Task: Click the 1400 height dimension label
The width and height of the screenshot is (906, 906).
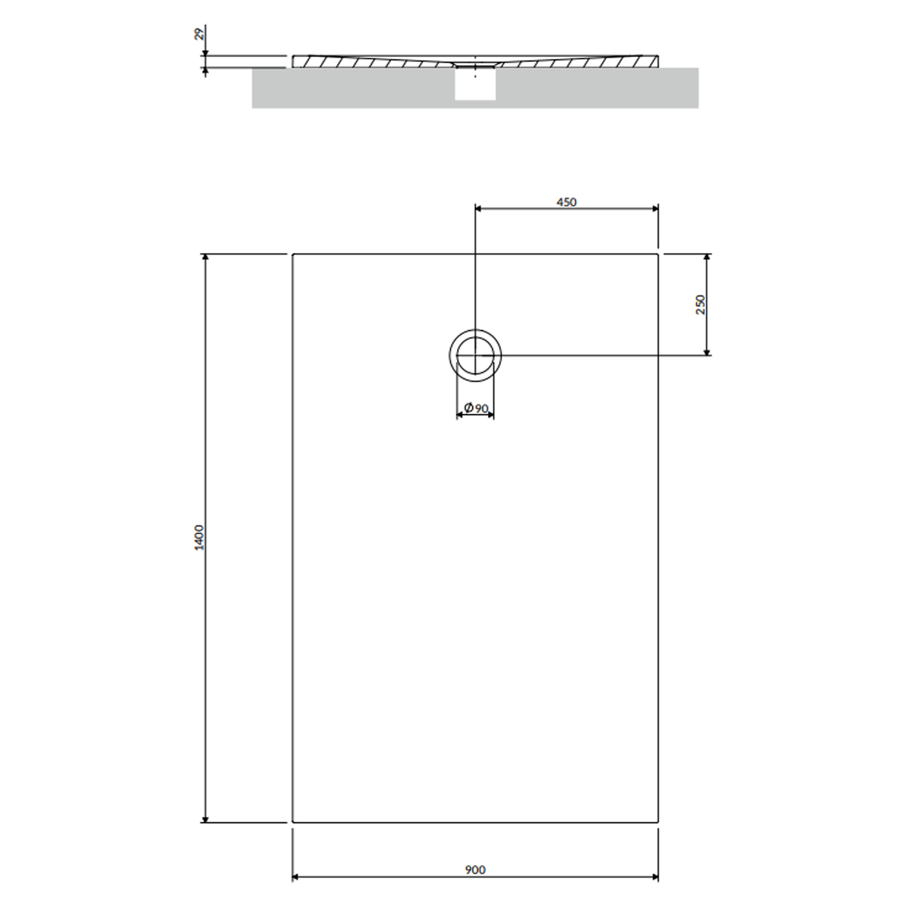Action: point(199,538)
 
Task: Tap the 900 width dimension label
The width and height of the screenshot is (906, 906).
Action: point(475,870)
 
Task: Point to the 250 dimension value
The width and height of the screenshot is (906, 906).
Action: point(700,305)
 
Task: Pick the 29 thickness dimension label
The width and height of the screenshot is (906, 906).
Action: point(199,34)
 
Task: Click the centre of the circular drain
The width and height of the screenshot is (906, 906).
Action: point(475,356)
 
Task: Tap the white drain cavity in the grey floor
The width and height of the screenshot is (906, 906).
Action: point(475,84)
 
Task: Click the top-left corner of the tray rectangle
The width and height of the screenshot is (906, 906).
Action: point(293,254)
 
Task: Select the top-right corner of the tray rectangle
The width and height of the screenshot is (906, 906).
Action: point(658,254)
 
